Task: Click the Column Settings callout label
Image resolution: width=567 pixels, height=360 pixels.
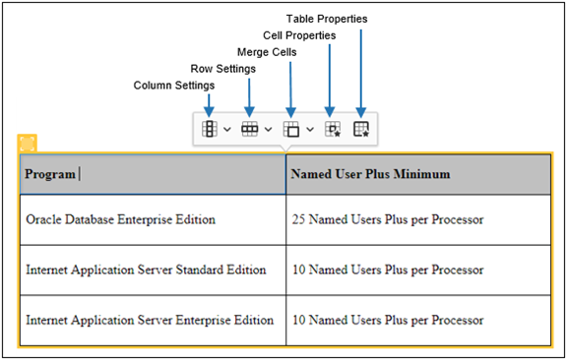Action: tap(173, 86)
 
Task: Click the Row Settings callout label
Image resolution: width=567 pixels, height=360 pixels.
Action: tap(222, 69)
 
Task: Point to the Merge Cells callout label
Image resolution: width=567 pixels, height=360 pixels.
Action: tap(267, 52)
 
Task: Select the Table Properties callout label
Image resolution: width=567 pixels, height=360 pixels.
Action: tap(327, 19)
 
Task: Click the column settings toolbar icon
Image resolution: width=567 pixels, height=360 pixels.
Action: tap(210, 129)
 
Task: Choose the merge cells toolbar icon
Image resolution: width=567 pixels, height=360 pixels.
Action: tap(290, 129)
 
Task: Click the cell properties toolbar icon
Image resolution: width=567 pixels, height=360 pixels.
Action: tap(332, 129)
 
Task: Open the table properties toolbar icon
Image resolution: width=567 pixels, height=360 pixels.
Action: tap(360, 129)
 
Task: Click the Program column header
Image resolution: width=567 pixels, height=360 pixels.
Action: tap(50, 174)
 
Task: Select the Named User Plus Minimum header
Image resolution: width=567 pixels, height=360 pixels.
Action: tap(370, 174)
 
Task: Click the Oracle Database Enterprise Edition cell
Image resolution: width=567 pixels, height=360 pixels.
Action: tap(121, 219)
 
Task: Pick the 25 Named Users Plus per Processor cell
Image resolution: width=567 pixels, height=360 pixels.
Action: tap(388, 219)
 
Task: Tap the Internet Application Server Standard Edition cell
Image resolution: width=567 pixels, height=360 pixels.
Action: tap(146, 270)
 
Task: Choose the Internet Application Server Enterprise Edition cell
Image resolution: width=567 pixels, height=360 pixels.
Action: tap(150, 320)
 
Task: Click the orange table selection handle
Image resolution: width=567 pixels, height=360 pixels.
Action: tap(27, 144)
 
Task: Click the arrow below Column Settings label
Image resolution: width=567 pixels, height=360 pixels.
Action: tap(210, 103)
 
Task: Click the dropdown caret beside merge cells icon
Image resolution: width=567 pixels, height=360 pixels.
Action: tap(310, 129)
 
